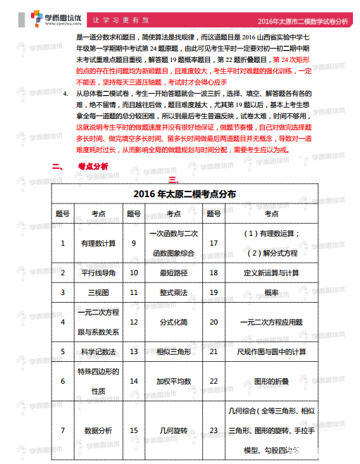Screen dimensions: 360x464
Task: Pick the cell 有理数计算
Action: pyautogui.click(x=98, y=243)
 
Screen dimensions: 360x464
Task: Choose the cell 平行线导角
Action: pyautogui.click(x=98, y=272)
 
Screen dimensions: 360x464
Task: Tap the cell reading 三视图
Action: pyautogui.click(x=98, y=291)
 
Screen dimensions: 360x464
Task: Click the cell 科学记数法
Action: pyautogui.click(x=98, y=351)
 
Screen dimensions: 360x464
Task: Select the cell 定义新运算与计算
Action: pyautogui.click(x=271, y=272)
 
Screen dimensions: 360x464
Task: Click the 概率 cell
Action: pyautogui.click(x=271, y=291)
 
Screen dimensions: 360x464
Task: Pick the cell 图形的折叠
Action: pyautogui.click(x=271, y=381)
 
